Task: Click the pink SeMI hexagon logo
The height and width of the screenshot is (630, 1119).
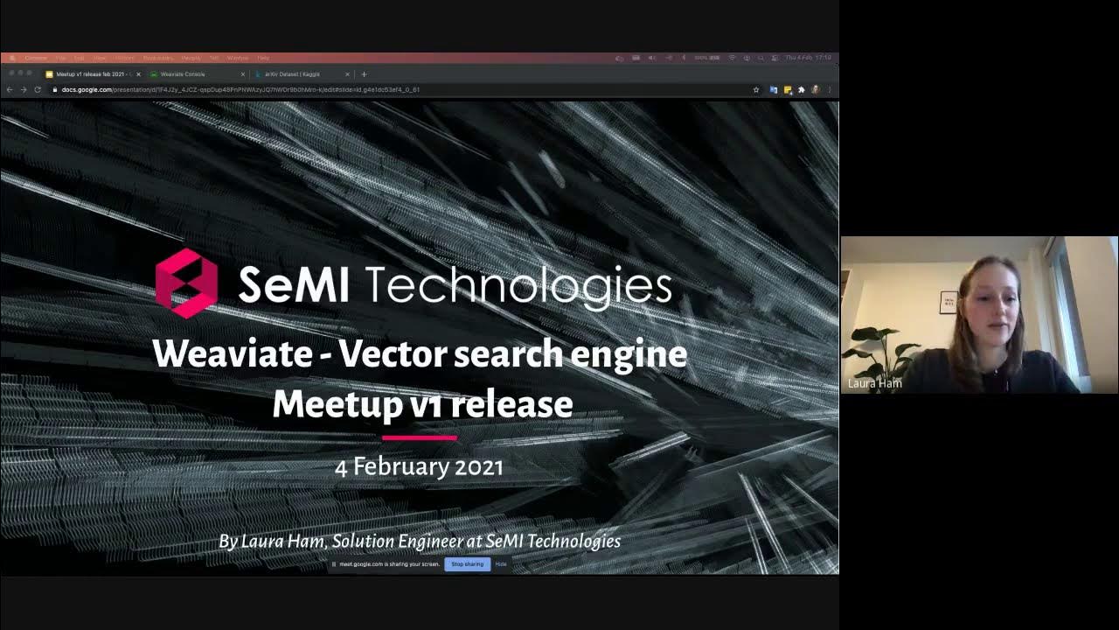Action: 186,283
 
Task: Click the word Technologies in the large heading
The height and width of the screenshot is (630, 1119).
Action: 518,285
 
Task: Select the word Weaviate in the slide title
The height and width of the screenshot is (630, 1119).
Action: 232,353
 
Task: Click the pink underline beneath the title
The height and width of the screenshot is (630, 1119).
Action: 420,437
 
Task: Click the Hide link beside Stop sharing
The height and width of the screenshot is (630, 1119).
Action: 501,564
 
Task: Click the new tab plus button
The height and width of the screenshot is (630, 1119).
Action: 365,74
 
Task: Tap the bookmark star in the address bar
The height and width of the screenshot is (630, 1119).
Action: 756,89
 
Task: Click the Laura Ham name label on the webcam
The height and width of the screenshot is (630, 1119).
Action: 874,383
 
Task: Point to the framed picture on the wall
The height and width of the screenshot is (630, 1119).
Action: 949,302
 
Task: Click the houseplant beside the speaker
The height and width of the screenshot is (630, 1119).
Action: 879,350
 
